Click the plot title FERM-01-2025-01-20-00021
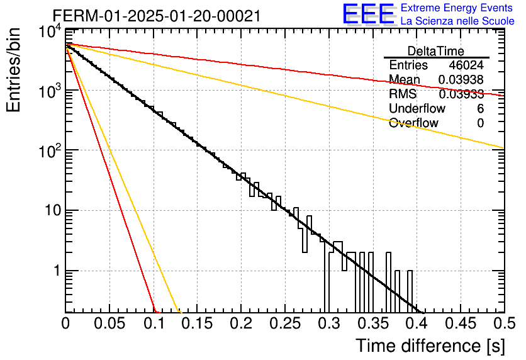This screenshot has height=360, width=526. tap(157, 16)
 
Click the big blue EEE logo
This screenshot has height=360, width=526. tap(368, 14)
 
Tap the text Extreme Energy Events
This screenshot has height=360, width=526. tap(457, 8)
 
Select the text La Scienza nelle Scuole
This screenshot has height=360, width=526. tap(457, 21)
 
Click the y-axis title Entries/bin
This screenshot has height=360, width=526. tap(13, 70)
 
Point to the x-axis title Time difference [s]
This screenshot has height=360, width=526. tap(430, 346)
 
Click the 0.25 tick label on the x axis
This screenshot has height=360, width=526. tap(285, 323)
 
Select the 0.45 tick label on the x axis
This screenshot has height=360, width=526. tap(461, 323)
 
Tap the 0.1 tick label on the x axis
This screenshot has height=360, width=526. tap(154, 323)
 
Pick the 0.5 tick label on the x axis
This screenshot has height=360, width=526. tap(505, 323)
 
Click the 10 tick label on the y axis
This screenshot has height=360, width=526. tap(53, 211)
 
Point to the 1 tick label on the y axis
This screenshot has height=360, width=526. tap(57, 271)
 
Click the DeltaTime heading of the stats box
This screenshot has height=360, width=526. tap(436, 51)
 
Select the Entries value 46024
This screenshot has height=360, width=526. tap(466, 65)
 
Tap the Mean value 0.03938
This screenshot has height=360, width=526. tap(461, 79)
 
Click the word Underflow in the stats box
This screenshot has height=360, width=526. tap(417, 108)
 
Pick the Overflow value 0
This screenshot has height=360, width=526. tap(480, 123)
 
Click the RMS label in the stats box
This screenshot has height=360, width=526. tap(403, 94)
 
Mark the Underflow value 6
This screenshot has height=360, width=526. tap(480, 108)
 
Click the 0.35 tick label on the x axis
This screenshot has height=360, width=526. tap(373, 323)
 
